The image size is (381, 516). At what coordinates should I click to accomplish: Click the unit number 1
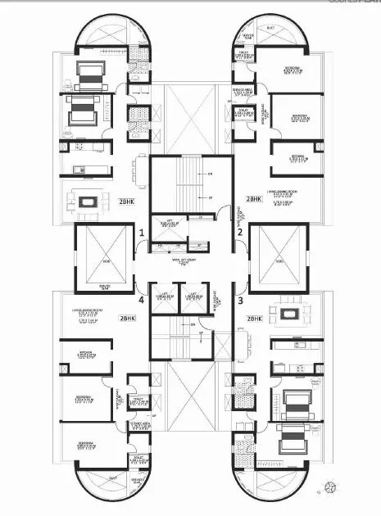[x=142, y=233]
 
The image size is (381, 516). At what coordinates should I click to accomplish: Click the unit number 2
[x=240, y=233]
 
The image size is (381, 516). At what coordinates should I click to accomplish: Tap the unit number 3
[x=240, y=301]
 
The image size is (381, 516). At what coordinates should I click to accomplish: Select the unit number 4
[x=142, y=301]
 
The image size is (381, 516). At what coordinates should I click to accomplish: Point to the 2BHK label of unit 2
[x=254, y=199]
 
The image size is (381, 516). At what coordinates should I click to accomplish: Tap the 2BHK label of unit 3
[x=254, y=318]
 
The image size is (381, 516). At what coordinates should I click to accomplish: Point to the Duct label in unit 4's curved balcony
[x=113, y=478]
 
